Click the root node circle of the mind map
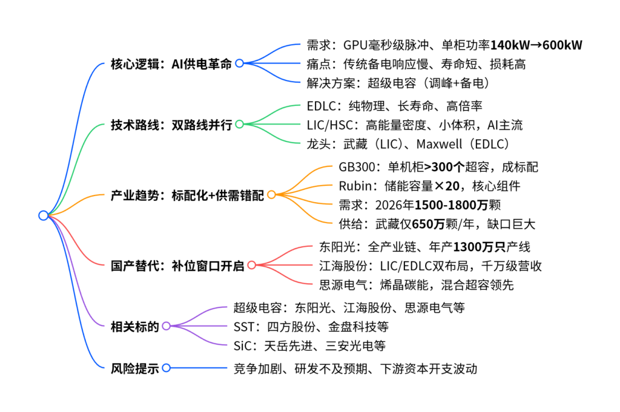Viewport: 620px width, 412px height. pos(44,215)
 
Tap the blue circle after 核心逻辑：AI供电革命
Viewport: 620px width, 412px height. pos(239,63)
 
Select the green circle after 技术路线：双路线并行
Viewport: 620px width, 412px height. pos(239,125)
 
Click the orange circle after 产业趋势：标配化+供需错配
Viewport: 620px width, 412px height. pos(271,194)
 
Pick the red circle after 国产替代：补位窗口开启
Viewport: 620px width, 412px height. pos(251,265)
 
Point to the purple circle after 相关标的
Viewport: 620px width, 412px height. pos(166,326)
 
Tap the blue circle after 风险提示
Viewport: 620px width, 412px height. pos(166,368)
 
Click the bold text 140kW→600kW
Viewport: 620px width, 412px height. pos(536,45)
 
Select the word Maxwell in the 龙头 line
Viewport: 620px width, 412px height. pos(439,144)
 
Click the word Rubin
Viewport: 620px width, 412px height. pos(355,186)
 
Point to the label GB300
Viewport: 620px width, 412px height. pos(357,167)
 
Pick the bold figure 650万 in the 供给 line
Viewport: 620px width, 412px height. pos(428,224)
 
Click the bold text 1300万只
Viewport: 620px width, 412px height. pos(479,247)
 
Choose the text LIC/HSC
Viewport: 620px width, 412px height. pos(329,125)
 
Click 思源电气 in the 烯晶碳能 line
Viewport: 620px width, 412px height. pos(343,285)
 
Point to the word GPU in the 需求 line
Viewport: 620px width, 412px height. pos(355,45)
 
